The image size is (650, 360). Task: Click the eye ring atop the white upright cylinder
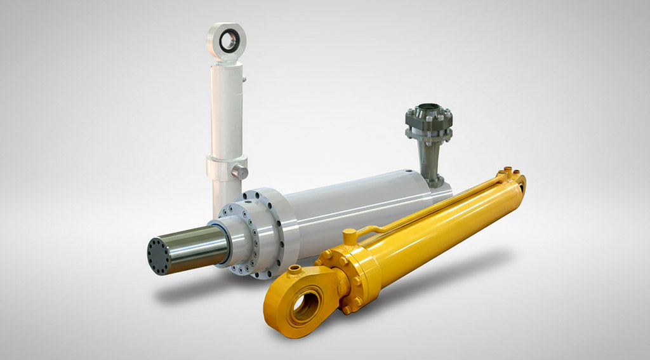coord(226,41)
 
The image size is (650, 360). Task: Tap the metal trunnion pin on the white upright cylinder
coord(239,171)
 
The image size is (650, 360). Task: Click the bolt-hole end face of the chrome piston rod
coord(159,254)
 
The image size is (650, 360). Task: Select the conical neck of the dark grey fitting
coord(431,159)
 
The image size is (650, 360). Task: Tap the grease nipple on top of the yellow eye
coord(294,272)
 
